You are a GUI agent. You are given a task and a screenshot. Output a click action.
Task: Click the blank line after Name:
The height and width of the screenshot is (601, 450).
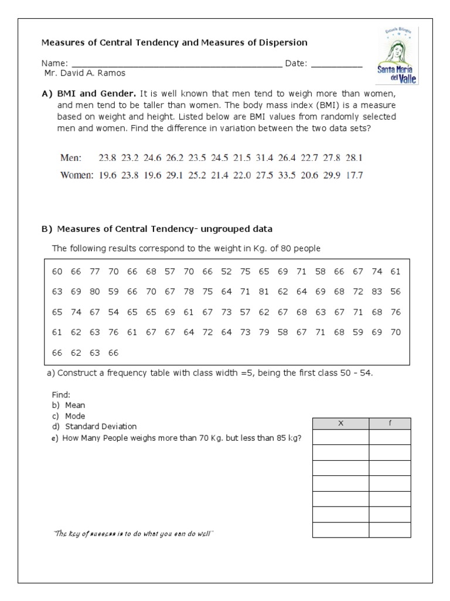point(176,64)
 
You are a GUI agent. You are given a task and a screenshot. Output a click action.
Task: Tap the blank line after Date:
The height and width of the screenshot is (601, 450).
point(336,64)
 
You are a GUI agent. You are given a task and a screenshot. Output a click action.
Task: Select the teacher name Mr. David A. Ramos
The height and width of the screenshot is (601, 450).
point(85,73)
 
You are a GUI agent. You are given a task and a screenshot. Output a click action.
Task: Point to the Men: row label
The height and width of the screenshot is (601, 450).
point(71,158)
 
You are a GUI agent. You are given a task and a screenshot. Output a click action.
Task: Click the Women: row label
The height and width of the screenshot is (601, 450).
point(77,175)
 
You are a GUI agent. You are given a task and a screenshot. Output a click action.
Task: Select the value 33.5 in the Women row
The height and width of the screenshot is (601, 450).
point(287,175)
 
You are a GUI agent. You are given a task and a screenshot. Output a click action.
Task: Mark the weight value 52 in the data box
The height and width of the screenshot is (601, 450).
point(226,271)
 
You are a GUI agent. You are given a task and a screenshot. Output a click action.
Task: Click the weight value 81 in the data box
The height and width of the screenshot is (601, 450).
point(264,292)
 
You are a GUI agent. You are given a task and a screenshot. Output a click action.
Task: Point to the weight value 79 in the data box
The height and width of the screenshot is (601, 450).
point(264,332)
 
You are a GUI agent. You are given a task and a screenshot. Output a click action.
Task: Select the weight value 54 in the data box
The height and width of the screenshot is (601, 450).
point(113,312)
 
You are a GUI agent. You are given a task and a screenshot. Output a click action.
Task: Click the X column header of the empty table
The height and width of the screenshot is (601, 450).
point(340,424)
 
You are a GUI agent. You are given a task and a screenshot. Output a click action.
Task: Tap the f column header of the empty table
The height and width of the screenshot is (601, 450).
point(390,424)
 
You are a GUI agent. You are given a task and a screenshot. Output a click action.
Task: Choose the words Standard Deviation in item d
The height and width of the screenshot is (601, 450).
point(101,426)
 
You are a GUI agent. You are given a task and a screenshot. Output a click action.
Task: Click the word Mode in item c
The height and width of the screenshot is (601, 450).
point(75,416)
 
